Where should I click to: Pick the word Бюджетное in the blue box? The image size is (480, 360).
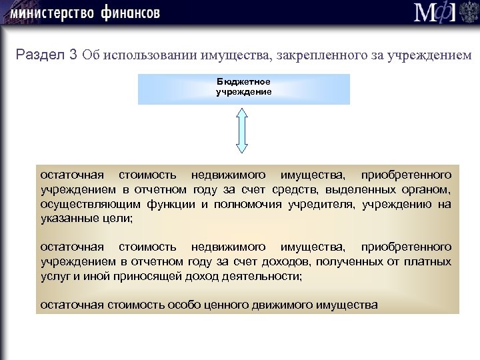243,81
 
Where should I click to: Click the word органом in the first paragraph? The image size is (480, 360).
427,190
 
